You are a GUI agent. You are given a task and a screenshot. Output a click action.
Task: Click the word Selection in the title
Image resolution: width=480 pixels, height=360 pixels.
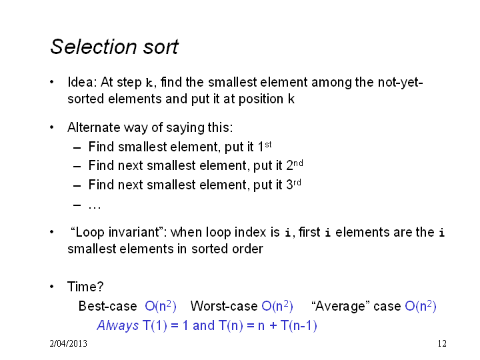pyautogui.click(x=93, y=47)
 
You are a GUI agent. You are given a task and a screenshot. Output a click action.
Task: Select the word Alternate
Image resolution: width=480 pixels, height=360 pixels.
pyautogui.click(x=94, y=127)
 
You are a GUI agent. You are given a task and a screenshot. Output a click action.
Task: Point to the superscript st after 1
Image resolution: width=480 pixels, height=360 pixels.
pyautogui.click(x=268, y=145)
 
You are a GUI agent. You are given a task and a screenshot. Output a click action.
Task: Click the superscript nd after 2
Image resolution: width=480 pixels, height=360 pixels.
pyautogui.click(x=298, y=163)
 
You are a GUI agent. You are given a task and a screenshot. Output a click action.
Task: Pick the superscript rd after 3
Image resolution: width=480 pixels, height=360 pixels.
pyautogui.click(x=297, y=183)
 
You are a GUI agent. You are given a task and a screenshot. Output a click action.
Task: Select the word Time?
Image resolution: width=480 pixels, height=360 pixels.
pyautogui.click(x=85, y=287)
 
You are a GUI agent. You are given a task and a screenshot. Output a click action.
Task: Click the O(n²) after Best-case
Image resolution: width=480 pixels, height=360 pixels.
pyautogui.click(x=161, y=306)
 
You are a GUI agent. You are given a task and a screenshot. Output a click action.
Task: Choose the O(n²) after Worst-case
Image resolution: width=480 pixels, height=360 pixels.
pyautogui.click(x=277, y=306)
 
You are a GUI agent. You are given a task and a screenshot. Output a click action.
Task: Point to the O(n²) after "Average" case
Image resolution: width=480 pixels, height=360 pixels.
pyautogui.click(x=421, y=306)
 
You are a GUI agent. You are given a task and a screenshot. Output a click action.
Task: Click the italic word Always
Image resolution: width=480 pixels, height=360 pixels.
pyautogui.click(x=118, y=325)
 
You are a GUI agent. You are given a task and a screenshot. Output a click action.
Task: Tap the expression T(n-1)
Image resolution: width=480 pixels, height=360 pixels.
pyautogui.click(x=299, y=325)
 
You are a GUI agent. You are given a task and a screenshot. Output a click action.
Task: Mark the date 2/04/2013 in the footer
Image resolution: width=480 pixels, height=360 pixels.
pyautogui.click(x=68, y=343)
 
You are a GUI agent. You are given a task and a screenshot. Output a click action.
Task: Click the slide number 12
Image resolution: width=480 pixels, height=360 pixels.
pyautogui.click(x=442, y=343)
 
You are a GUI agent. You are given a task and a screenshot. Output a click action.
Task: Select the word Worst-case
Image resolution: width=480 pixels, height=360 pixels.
pyautogui.click(x=224, y=306)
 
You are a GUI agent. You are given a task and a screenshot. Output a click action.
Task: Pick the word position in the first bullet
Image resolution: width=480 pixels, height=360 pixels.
pyautogui.click(x=261, y=99)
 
